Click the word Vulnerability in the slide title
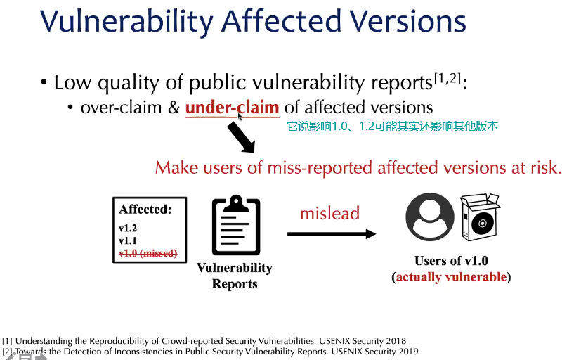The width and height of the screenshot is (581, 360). pos(126,22)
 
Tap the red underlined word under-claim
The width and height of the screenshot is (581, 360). pos(233,108)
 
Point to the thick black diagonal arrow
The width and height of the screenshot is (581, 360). pos(241,137)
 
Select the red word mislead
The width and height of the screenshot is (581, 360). pos(329,213)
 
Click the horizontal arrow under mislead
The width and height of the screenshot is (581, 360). pos(332,234)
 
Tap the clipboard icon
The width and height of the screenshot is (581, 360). pos(236,225)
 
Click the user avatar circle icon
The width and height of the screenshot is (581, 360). pos(430,217)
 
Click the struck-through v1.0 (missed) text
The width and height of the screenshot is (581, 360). pos(148,254)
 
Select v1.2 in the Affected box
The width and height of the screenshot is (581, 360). pos(128,228)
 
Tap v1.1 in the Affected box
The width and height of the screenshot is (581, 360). pos(128,240)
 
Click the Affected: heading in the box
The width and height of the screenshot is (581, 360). pos(145,210)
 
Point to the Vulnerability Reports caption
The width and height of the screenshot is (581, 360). pos(235,276)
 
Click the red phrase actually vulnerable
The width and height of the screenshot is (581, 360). pos(451,277)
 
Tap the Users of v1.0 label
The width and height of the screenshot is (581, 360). pos(451,261)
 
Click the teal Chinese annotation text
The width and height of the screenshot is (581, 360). pos(393,127)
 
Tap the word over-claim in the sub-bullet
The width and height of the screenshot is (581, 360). pos(121,108)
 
